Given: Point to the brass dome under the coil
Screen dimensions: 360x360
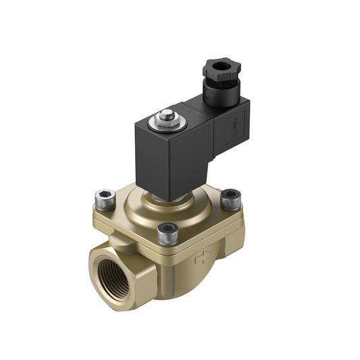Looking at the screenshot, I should (x=155, y=203).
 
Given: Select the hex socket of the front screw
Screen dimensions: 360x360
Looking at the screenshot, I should (x=165, y=230).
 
